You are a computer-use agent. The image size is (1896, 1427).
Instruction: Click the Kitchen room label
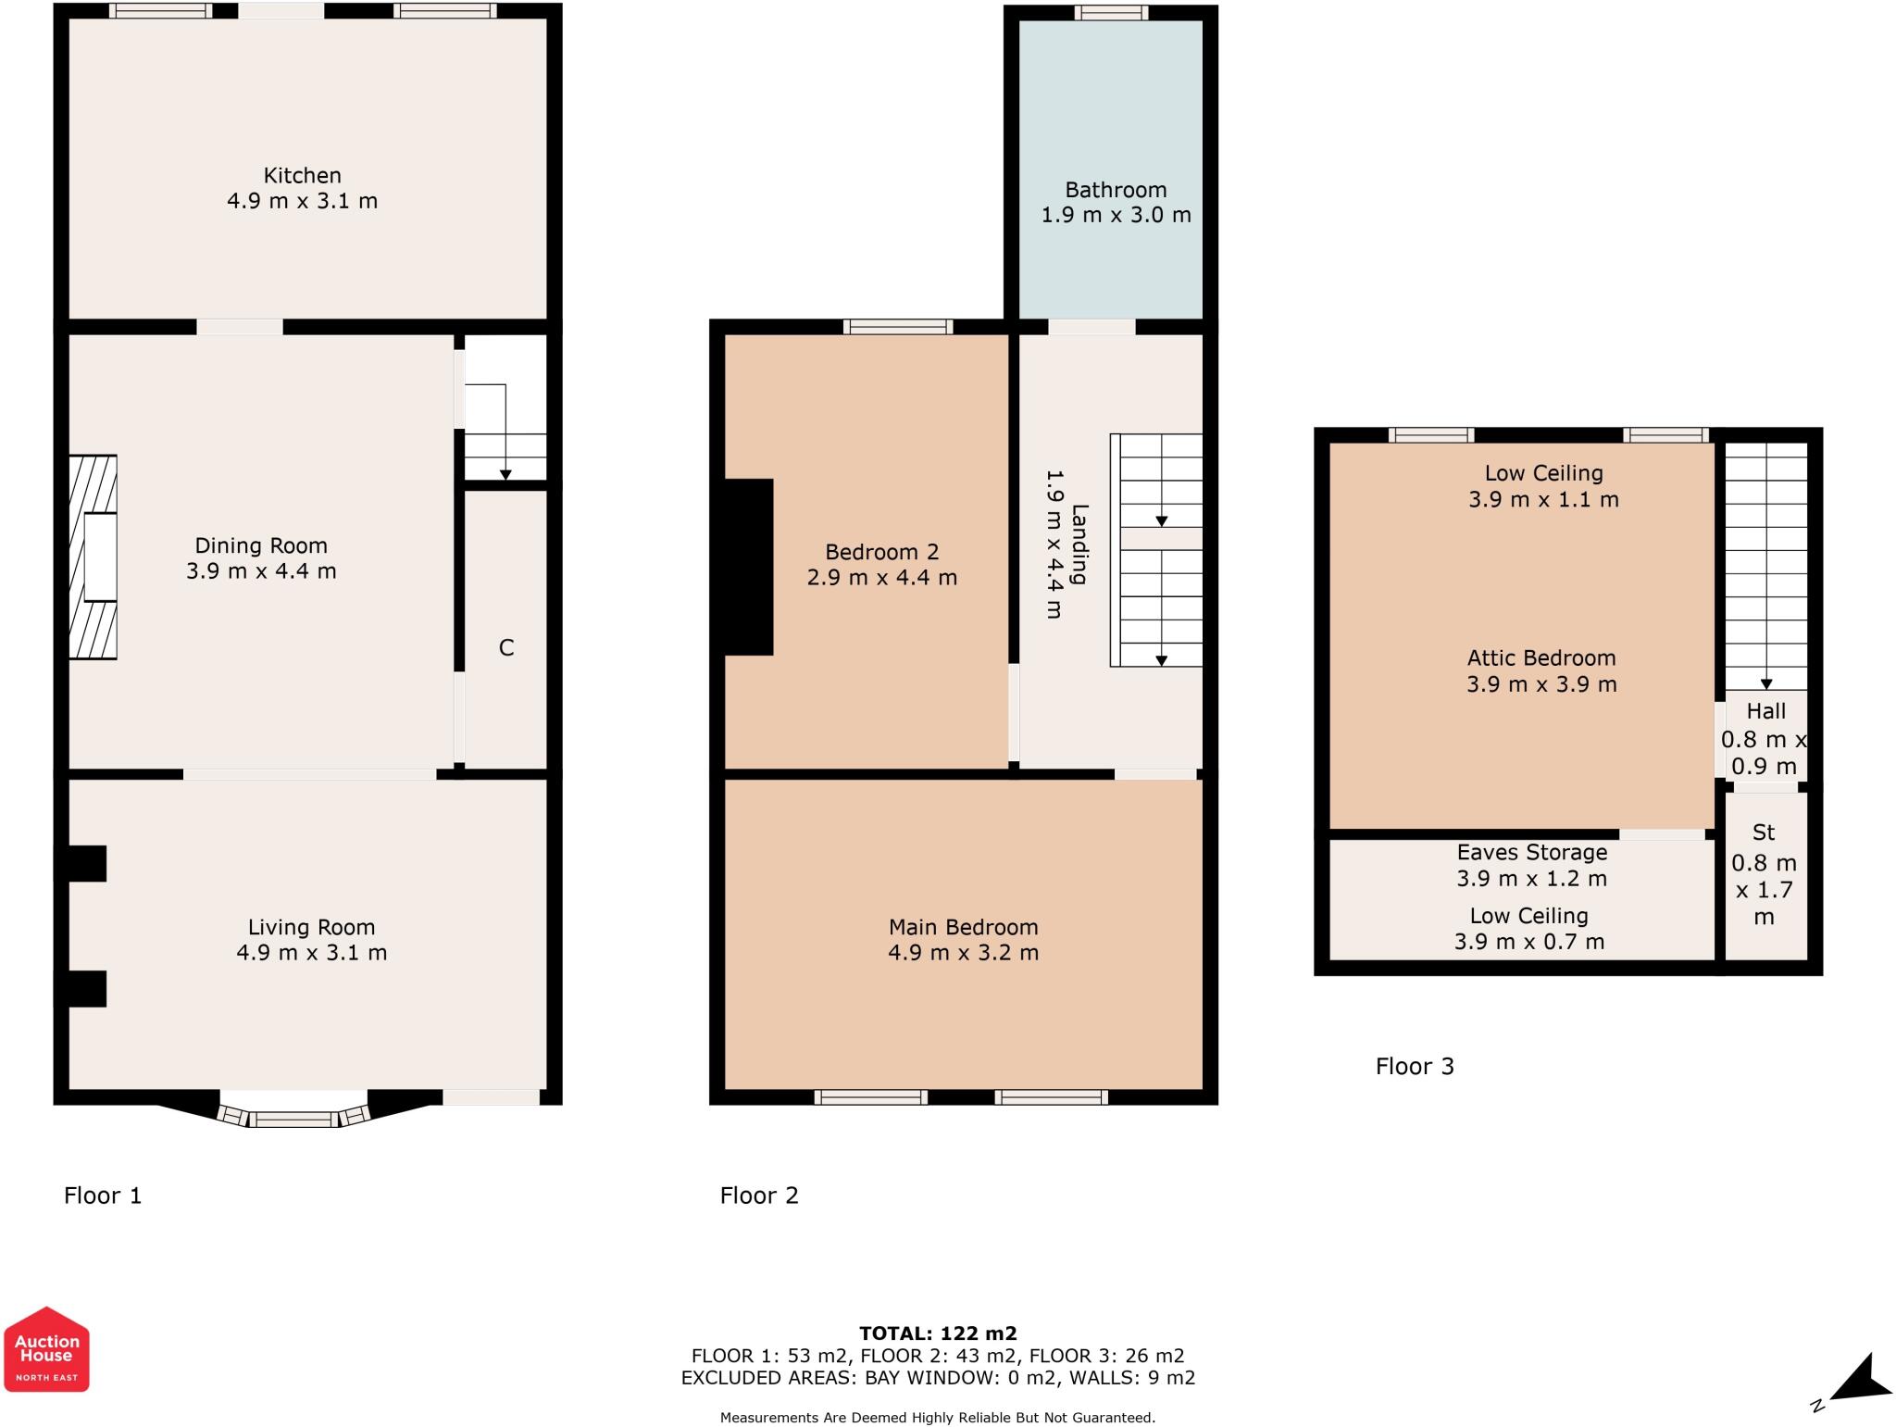303,175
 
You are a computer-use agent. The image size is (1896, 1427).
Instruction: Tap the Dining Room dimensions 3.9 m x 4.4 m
261,571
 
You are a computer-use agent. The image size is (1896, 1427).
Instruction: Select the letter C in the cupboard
506,647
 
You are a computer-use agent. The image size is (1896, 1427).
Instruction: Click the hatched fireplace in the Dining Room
93,557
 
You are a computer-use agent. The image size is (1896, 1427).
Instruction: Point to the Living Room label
311,927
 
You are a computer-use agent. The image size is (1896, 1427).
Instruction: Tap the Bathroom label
1116,190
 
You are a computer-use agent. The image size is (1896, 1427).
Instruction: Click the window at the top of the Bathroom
1111,12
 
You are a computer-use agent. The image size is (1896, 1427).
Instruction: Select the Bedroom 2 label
882,552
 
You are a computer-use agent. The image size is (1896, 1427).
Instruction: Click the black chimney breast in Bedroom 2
748,567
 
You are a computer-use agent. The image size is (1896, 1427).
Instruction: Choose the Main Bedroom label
964,927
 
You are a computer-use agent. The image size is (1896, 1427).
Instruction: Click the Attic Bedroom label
1541,658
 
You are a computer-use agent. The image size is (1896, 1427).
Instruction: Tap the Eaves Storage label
1532,852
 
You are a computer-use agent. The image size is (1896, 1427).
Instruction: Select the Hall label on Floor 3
1766,711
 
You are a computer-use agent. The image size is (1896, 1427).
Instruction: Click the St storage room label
1764,832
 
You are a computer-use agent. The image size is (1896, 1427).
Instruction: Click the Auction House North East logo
46,1348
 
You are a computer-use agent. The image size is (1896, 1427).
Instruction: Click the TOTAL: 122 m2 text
938,1333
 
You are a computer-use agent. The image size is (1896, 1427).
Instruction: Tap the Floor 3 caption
1415,1067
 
